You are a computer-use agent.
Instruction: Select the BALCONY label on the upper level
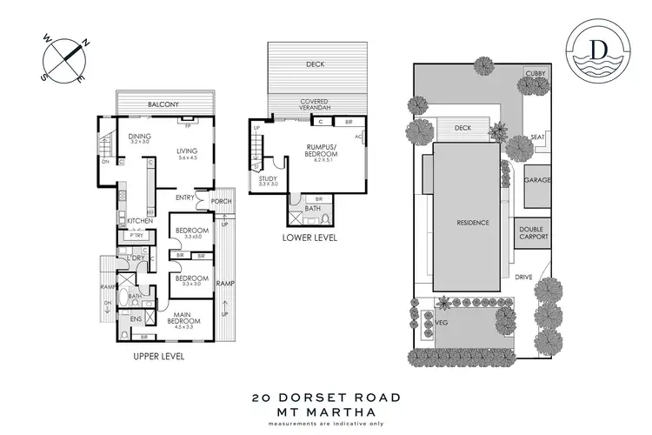[x=163, y=105]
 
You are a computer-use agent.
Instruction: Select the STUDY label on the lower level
[x=268, y=179]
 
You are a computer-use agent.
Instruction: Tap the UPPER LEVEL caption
[x=159, y=357]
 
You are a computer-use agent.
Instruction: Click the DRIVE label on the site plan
[x=522, y=278]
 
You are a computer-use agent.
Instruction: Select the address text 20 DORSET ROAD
[x=326, y=397]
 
